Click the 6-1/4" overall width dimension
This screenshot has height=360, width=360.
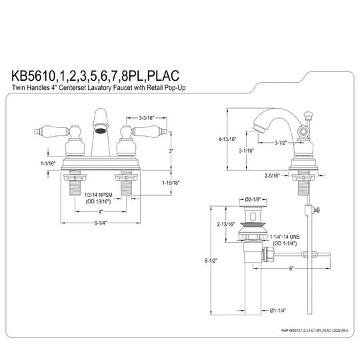click(99, 223)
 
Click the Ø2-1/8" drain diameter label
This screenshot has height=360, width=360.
click(255, 200)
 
